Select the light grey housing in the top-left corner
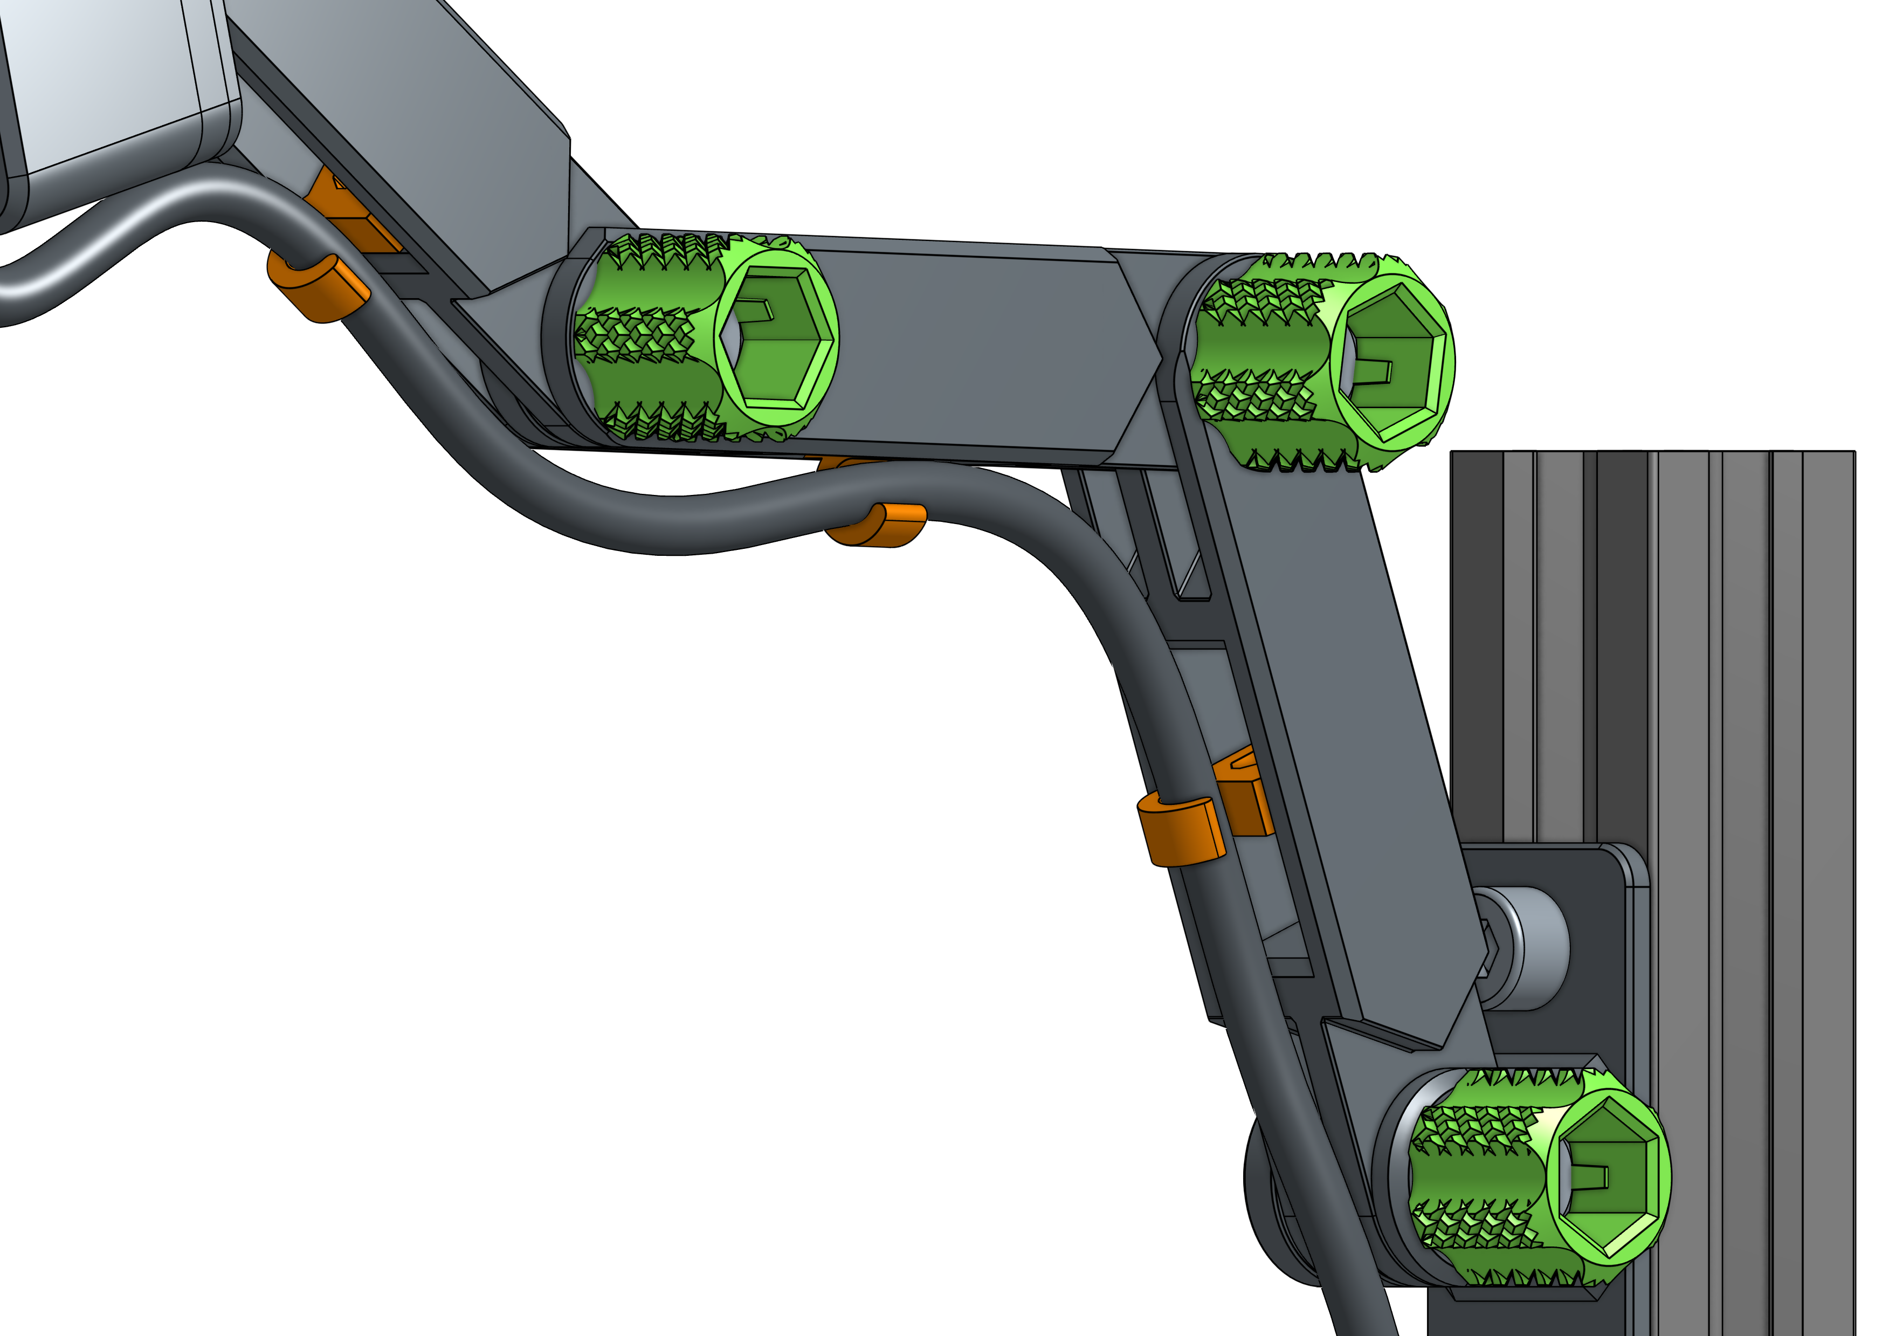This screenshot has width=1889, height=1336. click(107, 82)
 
